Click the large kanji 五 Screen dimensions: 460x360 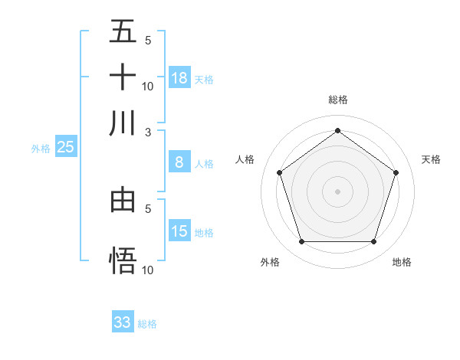(x=123, y=32)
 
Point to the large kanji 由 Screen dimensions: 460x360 (x=123, y=200)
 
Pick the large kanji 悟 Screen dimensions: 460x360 (x=123, y=260)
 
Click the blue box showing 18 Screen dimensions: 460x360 (x=179, y=78)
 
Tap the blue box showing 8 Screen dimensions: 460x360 (x=179, y=162)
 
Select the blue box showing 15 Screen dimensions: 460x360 (x=179, y=231)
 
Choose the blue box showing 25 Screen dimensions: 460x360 (x=66, y=148)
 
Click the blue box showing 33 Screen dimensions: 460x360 (x=123, y=322)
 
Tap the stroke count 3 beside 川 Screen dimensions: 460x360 (x=148, y=132)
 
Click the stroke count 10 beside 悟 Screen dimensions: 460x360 (x=148, y=270)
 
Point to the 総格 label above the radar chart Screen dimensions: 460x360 (x=338, y=100)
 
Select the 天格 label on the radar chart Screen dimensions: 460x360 (x=432, y=159)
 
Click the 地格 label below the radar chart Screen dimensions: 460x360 (x=402, y=262)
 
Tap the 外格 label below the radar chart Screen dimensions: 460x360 (x=270, y=262)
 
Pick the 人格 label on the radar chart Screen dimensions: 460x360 (x=245, y=159)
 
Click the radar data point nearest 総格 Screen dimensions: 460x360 (x=337, y=130)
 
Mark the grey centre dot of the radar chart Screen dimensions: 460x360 (x=337, y=191)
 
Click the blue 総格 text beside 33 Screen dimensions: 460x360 (x=147, y=324)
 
